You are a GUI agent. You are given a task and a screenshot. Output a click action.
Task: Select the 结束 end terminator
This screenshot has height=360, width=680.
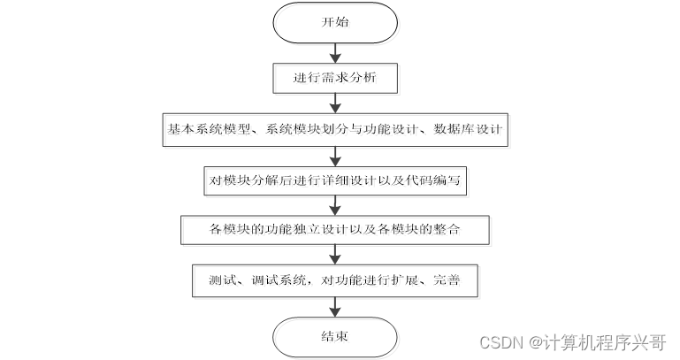tap(334, 336)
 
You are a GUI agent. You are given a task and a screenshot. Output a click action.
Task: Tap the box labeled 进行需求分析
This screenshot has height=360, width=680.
tap(334, 78)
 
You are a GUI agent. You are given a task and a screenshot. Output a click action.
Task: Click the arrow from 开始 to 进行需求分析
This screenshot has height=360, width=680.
tap(334, 52)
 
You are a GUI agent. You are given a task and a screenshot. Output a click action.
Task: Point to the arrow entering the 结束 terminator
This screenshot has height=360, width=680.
tap(334, 307)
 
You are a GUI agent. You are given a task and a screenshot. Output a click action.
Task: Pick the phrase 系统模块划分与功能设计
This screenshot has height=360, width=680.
tap(340, 129)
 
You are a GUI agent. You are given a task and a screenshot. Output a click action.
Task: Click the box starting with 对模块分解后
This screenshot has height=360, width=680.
tap(334, 180)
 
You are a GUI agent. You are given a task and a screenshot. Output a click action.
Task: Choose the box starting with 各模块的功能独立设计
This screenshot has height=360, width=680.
tap(334, 231)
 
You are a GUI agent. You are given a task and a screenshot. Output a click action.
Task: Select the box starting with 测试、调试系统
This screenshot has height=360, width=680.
tap(334, 281)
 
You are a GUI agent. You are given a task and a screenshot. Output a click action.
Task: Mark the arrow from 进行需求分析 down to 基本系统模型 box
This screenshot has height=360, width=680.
tap(334, 103)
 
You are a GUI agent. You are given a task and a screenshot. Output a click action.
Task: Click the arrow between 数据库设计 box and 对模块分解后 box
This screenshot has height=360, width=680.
tap(334, 155)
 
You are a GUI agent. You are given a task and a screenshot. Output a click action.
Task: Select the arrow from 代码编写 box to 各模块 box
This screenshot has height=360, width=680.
tap(334, 205)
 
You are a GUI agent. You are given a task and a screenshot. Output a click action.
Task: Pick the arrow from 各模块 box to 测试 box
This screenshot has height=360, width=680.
tap(334, 256)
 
